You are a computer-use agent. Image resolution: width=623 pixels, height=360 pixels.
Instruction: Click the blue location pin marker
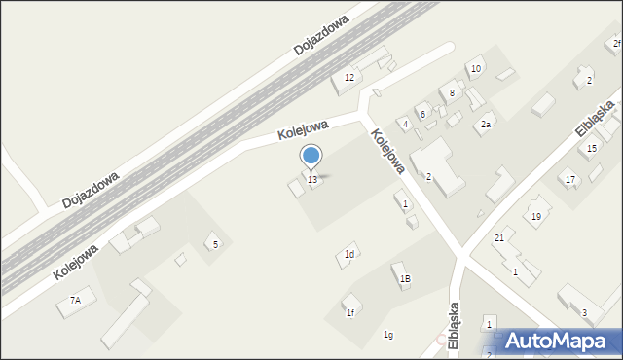click(311, 156)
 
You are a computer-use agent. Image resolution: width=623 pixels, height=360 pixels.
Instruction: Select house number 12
click(349, 78)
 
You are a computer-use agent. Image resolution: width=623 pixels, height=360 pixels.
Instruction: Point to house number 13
click(312, 180)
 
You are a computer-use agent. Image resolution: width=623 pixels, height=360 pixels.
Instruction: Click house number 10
click(475, 69)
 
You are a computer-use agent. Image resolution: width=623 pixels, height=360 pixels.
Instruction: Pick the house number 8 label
click(453, 93)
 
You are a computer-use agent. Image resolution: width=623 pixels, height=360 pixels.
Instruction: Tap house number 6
click(422, 115)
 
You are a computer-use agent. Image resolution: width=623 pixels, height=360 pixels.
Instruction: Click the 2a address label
click(485, 125)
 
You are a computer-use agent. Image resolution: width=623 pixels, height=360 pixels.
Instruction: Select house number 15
click(592, 149)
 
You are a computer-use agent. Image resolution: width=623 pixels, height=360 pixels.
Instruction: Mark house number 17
click(570, 180)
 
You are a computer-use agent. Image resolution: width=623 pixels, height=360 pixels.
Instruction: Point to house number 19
click(535, 217)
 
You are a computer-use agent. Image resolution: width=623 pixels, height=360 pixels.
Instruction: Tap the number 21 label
click(499, 238)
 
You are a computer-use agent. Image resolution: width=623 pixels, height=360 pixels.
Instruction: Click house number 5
click(215, 245)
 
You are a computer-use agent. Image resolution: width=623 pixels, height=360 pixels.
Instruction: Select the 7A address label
click(75, 302)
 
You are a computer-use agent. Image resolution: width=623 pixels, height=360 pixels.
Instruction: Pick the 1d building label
click(348, 255)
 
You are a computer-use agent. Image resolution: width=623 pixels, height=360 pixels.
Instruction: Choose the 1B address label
click(405, 279)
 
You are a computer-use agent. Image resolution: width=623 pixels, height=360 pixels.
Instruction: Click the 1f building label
click(349, 313)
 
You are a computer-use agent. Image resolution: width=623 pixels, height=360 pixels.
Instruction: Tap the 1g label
click(388, 335)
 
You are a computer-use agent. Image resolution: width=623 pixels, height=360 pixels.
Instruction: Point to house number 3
click(584, 312)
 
